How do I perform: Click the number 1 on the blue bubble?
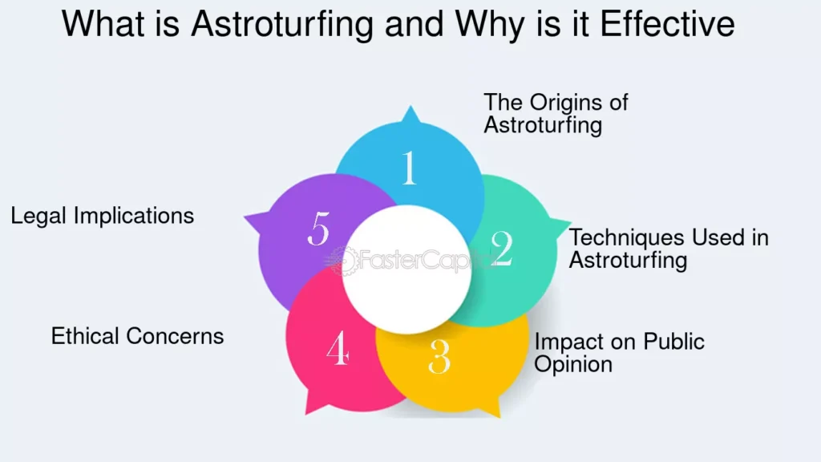tap(410, 168)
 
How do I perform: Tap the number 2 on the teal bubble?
tap(502, 249)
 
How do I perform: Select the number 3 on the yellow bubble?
tap(439, 357)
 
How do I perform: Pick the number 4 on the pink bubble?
tap(338, 347)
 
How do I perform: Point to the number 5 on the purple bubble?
tap(319, 229)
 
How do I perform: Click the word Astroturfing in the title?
tap(281, 24)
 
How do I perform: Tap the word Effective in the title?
tap(667, 23)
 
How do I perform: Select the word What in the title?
tap(103, 23)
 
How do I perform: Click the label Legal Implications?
tap(102, 217)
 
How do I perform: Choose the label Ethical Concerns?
tap(137, 336)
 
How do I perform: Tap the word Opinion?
tap(572, 365)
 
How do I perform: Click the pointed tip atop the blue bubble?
tap(410, 107)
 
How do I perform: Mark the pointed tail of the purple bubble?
tap(245, 217)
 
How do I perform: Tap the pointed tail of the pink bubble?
tap(307, 414)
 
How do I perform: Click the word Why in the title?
tap(489, 25)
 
